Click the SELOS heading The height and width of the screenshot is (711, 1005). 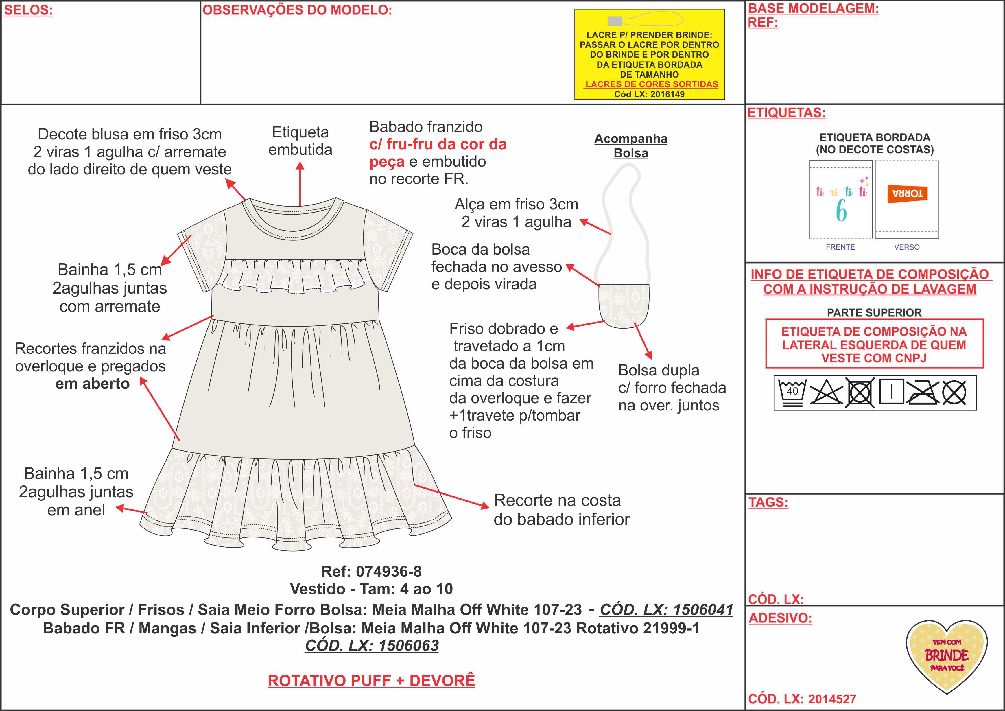pos(28,10)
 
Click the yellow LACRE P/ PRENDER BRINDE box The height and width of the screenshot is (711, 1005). pos(649,55)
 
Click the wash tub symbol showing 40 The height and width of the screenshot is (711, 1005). pos(792,392)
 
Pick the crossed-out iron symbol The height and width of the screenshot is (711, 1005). pos(923,392)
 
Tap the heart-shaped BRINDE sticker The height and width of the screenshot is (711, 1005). pos(946,655)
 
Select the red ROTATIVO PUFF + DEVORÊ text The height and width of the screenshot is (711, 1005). pos(371,681)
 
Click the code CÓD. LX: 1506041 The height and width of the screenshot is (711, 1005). pos(666,609)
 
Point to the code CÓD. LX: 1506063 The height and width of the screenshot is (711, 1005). pos(372,645)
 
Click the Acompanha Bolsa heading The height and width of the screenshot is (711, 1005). pos(631,146)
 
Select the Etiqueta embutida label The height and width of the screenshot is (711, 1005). pos(300,141)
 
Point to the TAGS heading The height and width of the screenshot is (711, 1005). pos(768,502)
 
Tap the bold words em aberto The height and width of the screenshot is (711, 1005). pos(92,384)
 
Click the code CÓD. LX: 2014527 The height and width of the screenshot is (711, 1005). pos(802,699)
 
